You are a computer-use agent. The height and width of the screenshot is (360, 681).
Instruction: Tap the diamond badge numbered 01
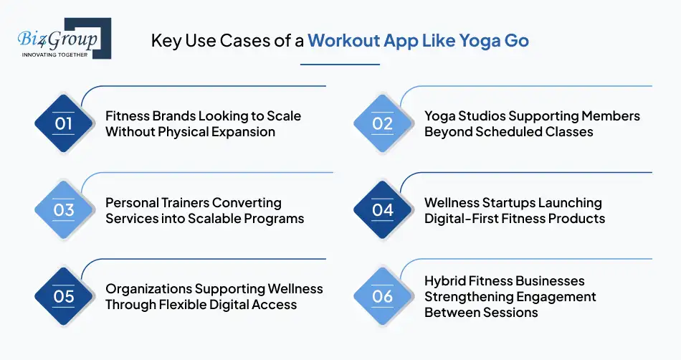pos(64,123)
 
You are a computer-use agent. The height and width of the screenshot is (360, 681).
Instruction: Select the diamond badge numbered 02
pos(383,123)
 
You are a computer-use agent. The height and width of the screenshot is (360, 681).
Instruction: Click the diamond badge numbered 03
pos(64,210)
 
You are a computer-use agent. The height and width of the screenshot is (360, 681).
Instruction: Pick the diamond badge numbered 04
pos(383,210)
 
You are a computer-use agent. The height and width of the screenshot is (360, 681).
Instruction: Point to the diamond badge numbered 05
pos(64,296)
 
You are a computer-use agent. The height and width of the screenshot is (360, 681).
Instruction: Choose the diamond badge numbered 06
pos(383,296)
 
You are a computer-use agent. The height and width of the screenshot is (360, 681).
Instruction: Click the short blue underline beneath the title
pos(340,65)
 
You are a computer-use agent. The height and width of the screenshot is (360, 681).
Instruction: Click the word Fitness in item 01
pos(127,116)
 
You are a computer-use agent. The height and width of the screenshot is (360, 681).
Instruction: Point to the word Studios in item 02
pos(484,116)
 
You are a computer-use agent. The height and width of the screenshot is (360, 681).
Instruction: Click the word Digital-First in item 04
pos(463,218)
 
